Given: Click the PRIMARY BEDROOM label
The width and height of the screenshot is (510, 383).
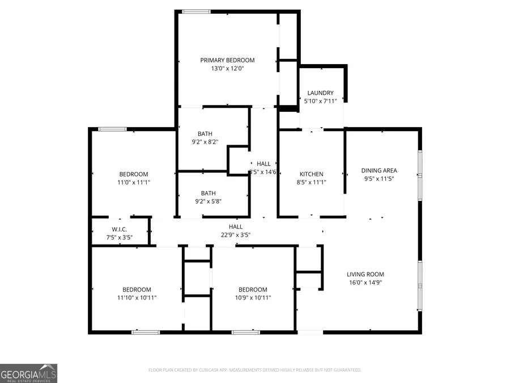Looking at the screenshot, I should [x=227, y=60].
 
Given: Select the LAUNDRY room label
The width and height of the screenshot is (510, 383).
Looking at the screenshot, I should [x=320, y=93].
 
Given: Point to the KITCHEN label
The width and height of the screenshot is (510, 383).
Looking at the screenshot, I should [x=311, y=174].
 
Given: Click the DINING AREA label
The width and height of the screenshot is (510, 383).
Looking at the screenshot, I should [x=379, y=170].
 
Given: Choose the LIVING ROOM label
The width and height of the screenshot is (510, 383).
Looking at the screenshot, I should [x=365, y=275].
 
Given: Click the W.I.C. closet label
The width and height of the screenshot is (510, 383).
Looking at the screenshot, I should [x=119, y=229].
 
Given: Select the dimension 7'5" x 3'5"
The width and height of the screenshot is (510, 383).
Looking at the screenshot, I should [x=119, y=237].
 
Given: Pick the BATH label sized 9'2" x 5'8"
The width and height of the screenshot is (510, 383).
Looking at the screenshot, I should [x=208, y=193].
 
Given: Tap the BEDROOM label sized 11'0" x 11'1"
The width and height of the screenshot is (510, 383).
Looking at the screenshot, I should [x=133, y=174].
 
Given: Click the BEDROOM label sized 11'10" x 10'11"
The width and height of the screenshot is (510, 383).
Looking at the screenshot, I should [x=137, y=289].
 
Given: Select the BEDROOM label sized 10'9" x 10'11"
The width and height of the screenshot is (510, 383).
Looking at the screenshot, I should [x=253, y=289].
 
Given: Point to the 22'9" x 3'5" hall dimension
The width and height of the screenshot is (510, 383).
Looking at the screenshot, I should [x=235, y=235].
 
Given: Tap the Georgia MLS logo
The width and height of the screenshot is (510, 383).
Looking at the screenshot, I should [x=28, y=373].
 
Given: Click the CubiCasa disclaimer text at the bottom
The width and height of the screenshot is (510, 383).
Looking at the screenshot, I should [x=254, y=370].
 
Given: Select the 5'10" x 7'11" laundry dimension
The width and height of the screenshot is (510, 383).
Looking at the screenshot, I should [x=320, y=101].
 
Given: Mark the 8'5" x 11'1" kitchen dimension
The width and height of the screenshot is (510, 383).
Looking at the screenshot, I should [x=311, y=182].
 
